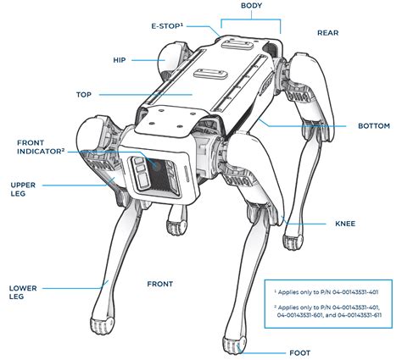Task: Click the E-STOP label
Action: click(167, 26)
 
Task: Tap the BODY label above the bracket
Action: click(251, 5)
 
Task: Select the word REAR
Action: click(327, 33)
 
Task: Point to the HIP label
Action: click(120, 60)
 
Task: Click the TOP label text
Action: click(84, 95)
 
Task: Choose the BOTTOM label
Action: click(374, 125)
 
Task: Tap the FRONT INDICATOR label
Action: click(41, 147)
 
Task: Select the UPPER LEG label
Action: click(23, 189)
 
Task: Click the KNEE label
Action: click(345, 224)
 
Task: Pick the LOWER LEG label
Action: click(23, 292)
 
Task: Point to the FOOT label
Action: click(299, 352)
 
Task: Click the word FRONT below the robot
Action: click(159, 284)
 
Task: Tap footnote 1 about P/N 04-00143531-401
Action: click(326, 292)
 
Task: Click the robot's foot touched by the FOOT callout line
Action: click(234, 345)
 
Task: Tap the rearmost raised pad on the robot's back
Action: click(237, 44)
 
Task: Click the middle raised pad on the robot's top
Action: click(210, 74)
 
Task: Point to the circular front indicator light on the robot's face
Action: click(156, 165)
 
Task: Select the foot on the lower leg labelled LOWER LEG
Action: click(102, 325)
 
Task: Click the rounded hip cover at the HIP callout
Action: click(169, 60)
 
